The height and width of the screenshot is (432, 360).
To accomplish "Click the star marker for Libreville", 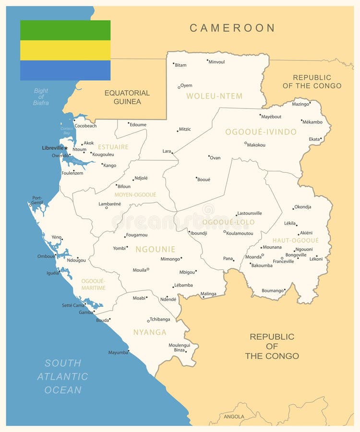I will click(66, 148).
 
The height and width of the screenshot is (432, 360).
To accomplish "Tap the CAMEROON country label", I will click(232, 28).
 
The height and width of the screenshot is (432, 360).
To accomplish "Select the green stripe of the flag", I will click(65, 30).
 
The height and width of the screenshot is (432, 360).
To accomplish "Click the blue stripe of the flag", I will click(65, 70).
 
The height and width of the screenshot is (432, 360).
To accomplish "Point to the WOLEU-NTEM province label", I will click(214, 96).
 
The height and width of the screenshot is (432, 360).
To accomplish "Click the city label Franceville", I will click(283, 262).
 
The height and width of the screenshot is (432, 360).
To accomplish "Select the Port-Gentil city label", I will click(37, 200).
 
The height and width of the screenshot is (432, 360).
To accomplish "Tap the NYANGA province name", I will click(150, 332).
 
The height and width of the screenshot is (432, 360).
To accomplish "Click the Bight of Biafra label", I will click(41, 96).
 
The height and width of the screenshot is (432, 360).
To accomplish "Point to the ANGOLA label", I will click(234, 417).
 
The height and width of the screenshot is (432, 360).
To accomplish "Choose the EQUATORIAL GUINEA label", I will click(127, 97).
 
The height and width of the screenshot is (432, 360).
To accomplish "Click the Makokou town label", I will click(256, 145).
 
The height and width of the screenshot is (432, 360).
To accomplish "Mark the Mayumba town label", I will click(118, 352).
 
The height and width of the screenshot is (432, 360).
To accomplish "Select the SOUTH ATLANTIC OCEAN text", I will click(63, 376).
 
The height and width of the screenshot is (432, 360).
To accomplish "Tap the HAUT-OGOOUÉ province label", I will click(295, 240).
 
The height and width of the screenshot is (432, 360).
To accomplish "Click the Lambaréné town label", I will click(109, 204).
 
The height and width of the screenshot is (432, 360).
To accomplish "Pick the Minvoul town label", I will click(216, 62).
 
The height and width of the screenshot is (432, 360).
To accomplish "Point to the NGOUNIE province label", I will click(155, 250).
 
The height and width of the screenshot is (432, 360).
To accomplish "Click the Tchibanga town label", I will click(160, 319).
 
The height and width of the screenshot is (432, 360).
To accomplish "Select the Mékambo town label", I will click(313, 122).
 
